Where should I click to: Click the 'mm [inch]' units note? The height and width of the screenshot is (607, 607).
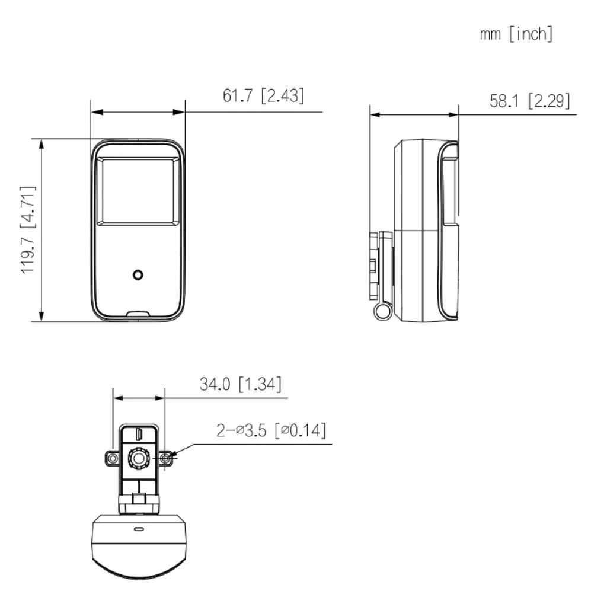click(x=516, y=34)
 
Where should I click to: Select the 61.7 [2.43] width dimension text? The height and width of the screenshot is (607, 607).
click(x=264, y=95)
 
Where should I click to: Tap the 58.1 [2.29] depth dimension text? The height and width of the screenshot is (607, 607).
click(x=529, y=101)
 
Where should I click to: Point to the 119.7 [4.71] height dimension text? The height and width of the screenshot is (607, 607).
click(x=28, y=230)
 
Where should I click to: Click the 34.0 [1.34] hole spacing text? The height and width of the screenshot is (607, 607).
click(x=240, y=384)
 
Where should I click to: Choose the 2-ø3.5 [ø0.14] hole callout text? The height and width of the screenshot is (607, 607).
click(x=271, y=430)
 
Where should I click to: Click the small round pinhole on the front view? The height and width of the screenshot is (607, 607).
click(x=138, y=275)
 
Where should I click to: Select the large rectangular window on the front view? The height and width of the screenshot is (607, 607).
click(x=138, y=191)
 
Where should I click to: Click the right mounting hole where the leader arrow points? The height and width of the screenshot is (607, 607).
click(x=166, y=458)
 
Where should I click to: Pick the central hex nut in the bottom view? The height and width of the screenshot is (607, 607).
click(x=139, y=458)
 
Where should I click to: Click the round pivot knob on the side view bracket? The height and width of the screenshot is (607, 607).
click(x=382, y=311)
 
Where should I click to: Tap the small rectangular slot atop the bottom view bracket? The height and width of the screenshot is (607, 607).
click(x=139, y=433)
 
